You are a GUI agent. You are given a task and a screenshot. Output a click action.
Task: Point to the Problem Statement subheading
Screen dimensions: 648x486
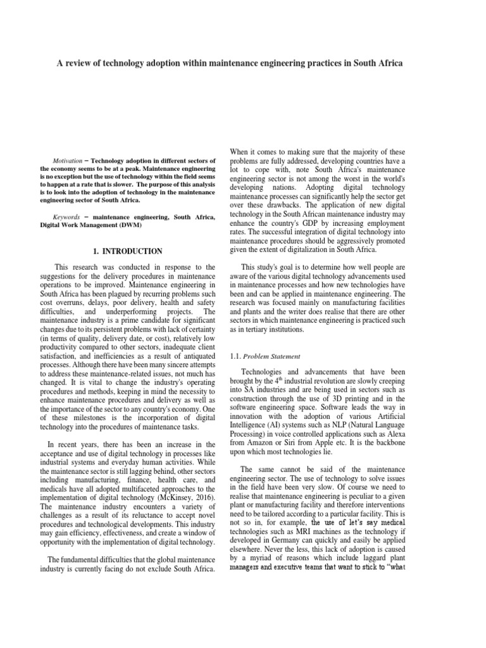click(273, 358)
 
